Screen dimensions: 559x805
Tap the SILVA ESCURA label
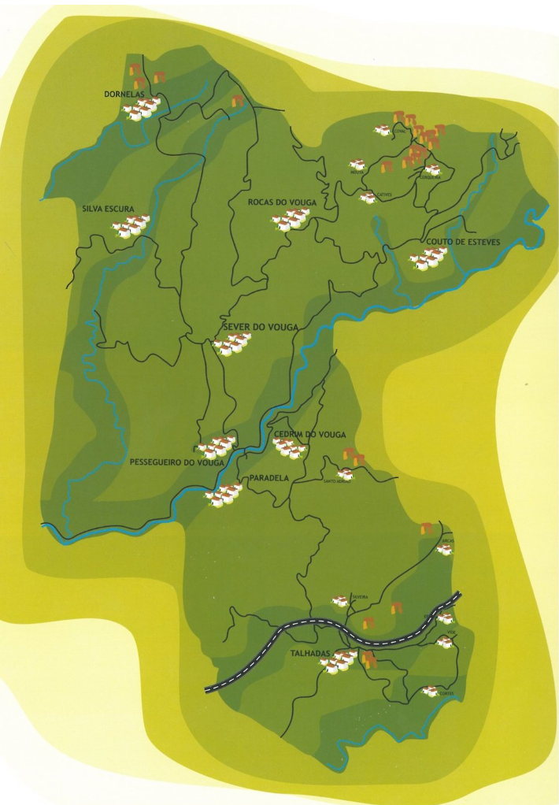tap(108, 210)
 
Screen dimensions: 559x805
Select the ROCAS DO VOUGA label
tap(282, 203)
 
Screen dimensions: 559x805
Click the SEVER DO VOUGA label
tap(251, 328)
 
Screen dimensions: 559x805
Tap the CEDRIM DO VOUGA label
tap(311, 435)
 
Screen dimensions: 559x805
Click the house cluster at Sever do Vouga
tap(231, 343)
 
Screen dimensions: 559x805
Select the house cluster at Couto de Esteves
tap(428, 258)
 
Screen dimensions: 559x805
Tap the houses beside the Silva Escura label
tap(130, 226)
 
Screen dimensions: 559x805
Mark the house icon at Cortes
tap(430, 691)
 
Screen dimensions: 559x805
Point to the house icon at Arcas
tap(444, 549)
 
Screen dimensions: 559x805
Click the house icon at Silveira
tap(340, 601)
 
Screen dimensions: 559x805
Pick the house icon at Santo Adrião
tap(345, 474)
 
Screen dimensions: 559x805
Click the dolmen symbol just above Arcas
tap(427, 529)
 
